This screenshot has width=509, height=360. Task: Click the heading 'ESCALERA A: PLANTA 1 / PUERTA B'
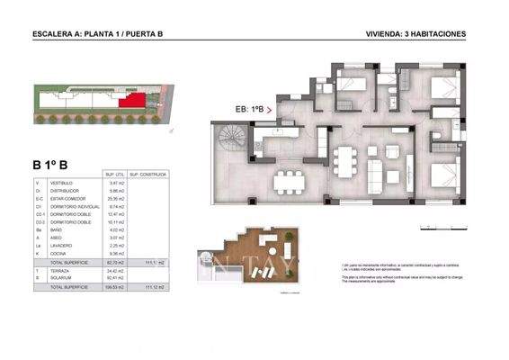coord(97,34)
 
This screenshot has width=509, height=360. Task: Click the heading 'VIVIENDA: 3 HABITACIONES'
coord(416,34)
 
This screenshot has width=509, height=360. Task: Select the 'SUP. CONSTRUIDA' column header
coord(145,175)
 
